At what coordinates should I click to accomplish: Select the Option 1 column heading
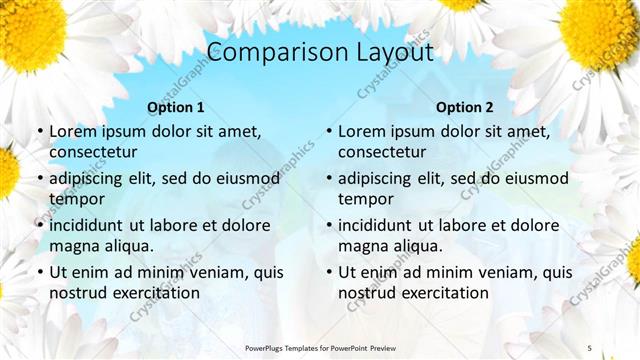175,108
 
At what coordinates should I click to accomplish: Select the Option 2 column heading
464,108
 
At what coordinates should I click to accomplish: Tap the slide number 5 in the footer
589,347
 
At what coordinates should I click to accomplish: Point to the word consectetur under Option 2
382,152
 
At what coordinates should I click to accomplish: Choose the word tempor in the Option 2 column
364,199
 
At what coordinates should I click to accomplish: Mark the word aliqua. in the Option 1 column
128,246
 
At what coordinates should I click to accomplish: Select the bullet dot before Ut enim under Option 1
39,273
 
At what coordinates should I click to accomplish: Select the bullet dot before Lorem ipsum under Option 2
328,132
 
